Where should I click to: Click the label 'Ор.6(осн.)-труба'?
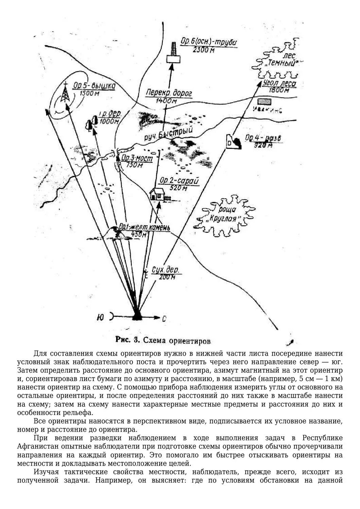[208, 42]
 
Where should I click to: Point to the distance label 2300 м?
[203, 50]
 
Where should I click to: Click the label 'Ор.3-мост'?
[137, 158]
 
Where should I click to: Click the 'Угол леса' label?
[280, 83]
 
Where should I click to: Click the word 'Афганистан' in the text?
[37, 446]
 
